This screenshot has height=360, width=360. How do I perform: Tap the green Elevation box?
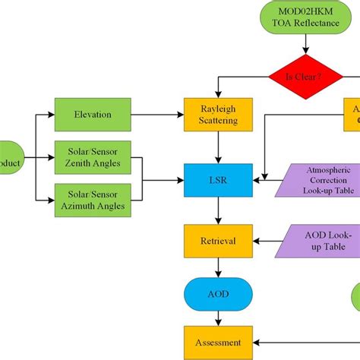93,115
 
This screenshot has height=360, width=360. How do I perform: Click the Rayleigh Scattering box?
219,115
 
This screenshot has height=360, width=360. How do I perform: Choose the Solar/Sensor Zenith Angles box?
93,156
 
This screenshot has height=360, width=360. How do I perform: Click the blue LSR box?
219,182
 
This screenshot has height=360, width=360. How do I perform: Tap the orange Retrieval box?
219,241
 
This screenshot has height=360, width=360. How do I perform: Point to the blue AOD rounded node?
219,292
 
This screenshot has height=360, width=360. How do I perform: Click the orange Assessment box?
219,342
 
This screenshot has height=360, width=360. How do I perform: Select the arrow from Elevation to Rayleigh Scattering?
156,115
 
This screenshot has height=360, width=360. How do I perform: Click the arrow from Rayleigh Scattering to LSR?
219,147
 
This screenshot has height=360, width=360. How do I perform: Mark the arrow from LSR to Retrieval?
219,212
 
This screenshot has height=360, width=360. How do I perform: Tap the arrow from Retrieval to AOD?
219,266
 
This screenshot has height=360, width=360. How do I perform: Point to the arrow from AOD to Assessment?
219,317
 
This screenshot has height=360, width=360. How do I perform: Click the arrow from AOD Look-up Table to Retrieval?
270,241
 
